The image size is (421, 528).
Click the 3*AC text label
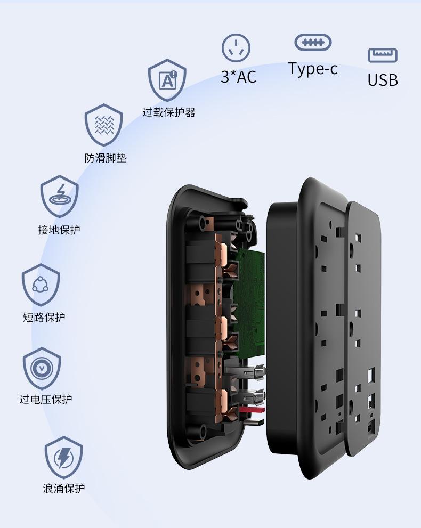click(x=238, y=77)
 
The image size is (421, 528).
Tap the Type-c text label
click(x=313, y=69)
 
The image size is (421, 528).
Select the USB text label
click(x=383, y=80)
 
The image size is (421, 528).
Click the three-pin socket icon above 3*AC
click(x=236, y=48)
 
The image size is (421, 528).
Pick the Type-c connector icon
click(x=313, y=43)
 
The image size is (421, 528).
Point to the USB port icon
click(x=383, y=55)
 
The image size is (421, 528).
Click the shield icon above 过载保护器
click(x=167, y=80)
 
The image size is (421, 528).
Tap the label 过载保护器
click(x=168, y=112)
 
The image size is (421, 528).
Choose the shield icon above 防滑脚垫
click(x=104, y=125)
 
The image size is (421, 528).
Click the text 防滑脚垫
click(x=106, y=158)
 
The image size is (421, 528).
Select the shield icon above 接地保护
click(x=59, y=196)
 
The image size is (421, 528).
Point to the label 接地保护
click(x=59, y=230)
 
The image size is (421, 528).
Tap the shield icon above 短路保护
click(x=41, y=284)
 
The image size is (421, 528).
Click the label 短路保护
click(x=44, y=318)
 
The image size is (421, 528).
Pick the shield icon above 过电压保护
click(x=42, y=368)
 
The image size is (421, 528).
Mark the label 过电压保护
click(x=45, y=400)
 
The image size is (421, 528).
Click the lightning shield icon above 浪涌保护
click(x=63, y=456)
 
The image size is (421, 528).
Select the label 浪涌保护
click(x=64, y=488)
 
